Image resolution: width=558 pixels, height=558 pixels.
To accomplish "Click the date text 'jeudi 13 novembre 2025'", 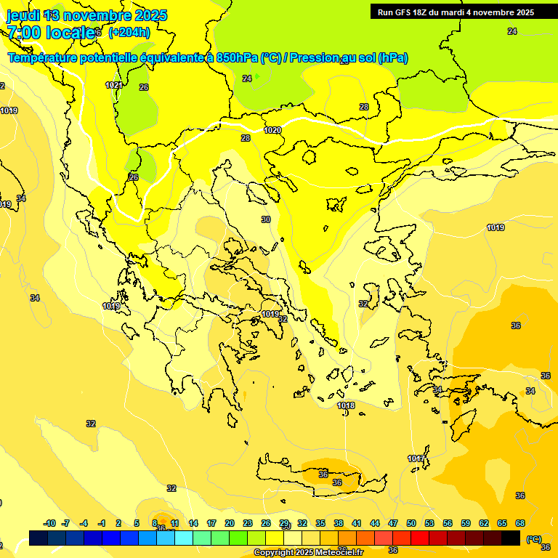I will (87, 15).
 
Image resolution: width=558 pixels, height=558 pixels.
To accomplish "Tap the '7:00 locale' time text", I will (51, 32).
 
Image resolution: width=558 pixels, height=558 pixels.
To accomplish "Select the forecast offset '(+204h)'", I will (129, 32).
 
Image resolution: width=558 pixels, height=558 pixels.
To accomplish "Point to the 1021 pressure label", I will (114, 85).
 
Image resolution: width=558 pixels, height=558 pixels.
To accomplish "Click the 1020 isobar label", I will (272, 130).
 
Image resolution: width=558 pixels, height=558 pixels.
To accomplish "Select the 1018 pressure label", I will (346, 405).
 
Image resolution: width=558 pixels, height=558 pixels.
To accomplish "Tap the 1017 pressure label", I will (416, 458).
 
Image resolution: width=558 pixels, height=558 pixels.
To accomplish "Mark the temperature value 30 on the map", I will (266, 219).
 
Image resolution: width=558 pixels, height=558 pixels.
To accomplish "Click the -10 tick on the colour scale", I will (49, 523).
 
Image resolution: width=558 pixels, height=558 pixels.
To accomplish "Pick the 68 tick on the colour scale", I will (520, 523).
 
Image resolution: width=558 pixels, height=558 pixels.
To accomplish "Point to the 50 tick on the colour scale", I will (411, 523).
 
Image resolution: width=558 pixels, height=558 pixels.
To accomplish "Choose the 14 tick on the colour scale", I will (193, 523).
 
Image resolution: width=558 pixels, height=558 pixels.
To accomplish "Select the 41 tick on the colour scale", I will (357, 523).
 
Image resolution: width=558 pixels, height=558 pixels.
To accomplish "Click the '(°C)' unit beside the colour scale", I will (533, 539).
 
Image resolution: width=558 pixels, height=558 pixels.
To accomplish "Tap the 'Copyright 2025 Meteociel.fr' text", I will (308, 553).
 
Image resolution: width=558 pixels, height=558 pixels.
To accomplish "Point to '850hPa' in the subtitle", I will (238, 58).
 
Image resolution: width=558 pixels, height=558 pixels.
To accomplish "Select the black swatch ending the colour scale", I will (511, 538).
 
